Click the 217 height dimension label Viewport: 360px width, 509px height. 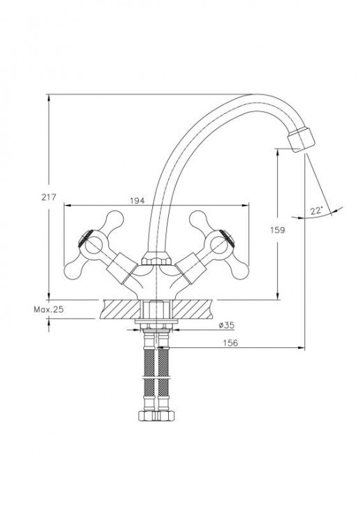coord(49,197)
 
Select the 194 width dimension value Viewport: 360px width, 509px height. coord(137,201)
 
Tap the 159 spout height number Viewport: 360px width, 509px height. coord(277,230)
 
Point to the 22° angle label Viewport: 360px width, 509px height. coord(316,210)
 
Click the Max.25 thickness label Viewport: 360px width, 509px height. coord(49,310)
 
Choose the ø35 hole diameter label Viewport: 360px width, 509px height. coord(227,325)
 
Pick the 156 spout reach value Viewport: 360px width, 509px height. coord(231,342)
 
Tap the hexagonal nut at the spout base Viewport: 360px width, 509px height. coord(156,259)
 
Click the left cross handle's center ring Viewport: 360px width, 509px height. coord(94,244)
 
